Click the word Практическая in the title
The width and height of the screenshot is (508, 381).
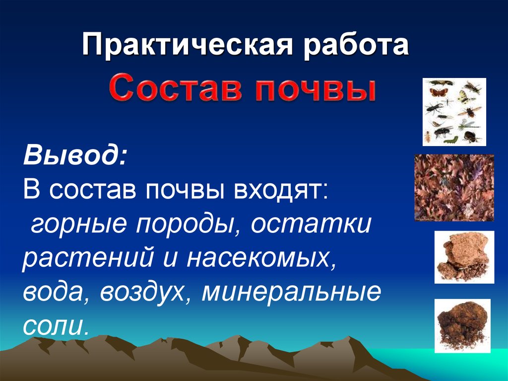coord(187,45)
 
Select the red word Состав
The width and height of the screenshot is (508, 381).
coord(176,87)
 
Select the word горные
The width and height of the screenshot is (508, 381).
coord(78,224)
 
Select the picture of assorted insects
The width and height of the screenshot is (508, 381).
coord(454,112)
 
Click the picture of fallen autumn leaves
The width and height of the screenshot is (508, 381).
coord(454,188)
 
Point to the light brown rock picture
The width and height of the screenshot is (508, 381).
coord(464,257)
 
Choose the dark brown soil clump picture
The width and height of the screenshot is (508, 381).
coord(462,326)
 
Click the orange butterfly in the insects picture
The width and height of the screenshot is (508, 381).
coord(438,93)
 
